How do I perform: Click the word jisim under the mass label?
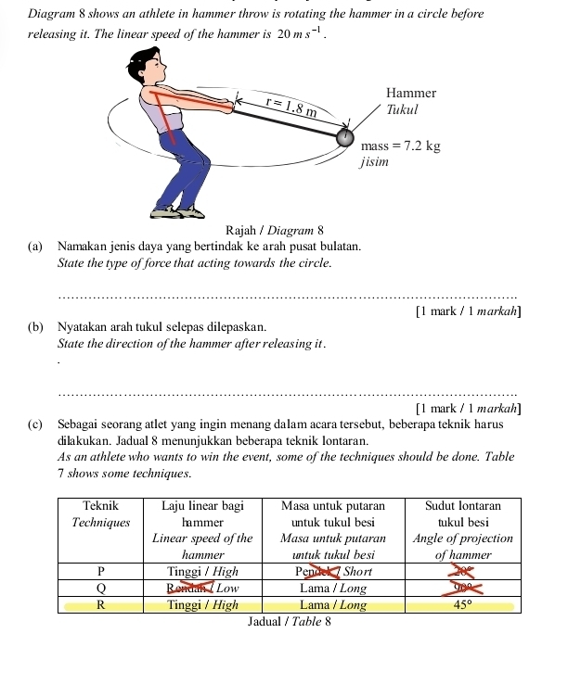pos(376,162)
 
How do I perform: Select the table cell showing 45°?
pos(462,605)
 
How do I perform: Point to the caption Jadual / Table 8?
pos(290,622)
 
